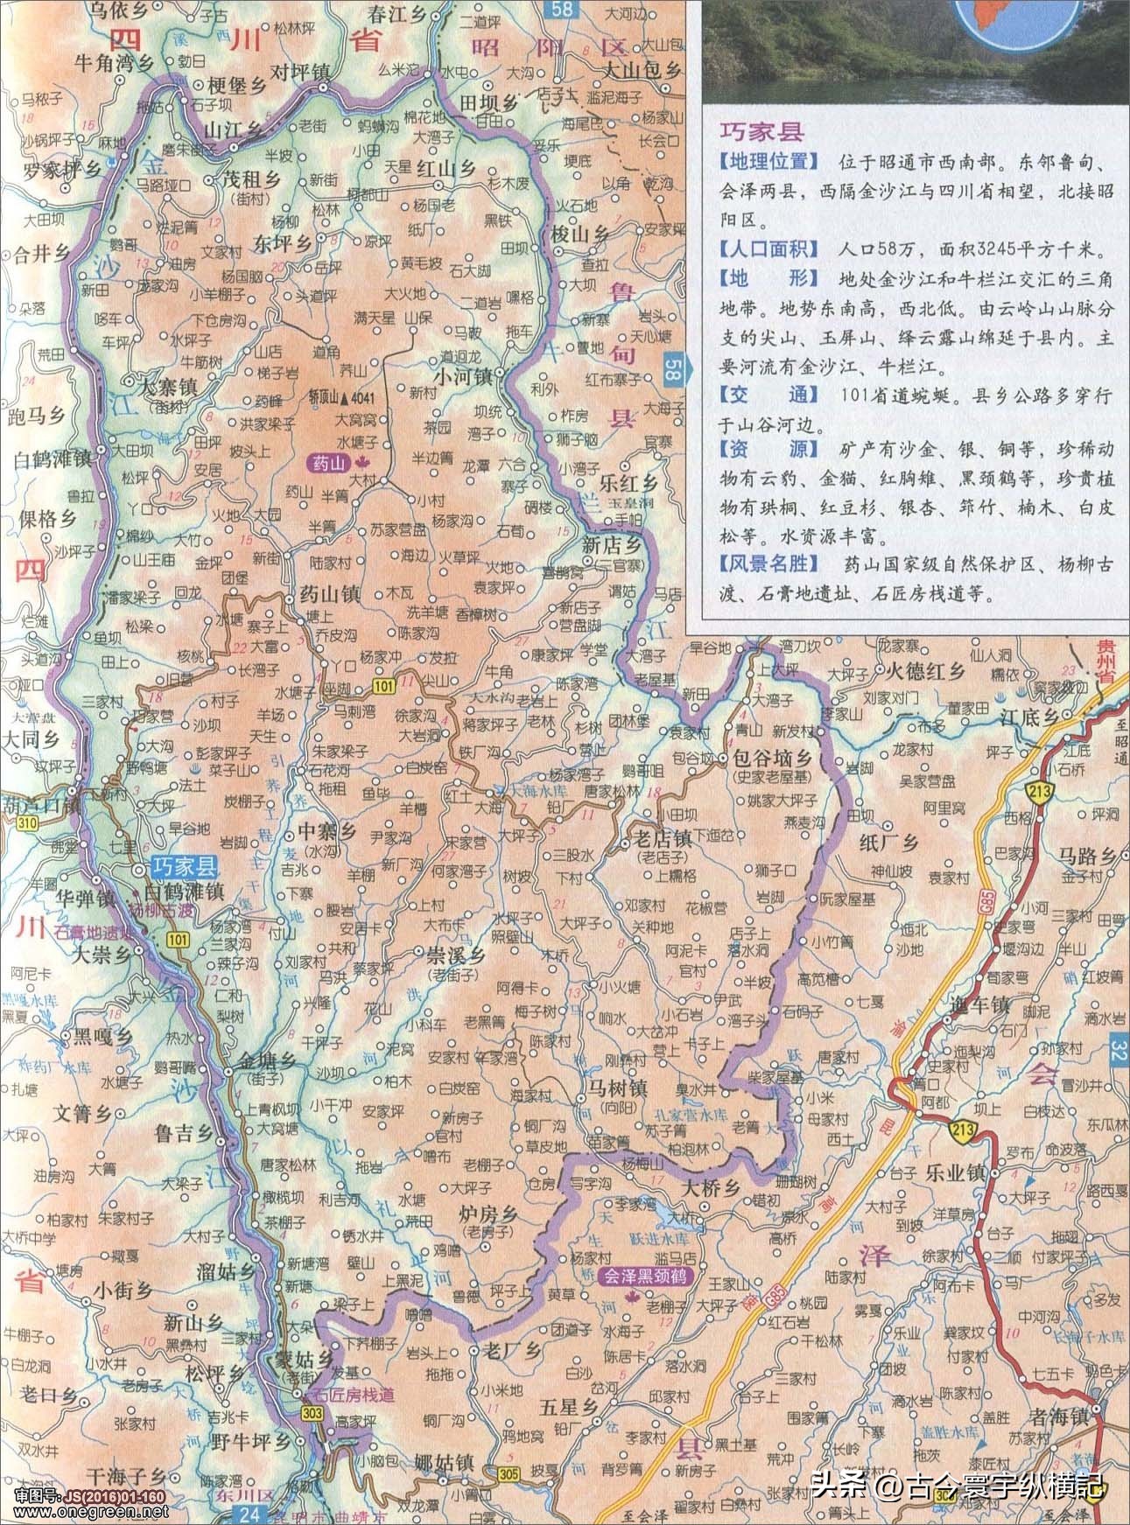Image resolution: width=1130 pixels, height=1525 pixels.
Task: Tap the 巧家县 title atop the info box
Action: click(x=761, y=132)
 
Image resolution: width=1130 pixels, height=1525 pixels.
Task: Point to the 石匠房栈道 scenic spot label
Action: click(x=355, y=1393)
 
